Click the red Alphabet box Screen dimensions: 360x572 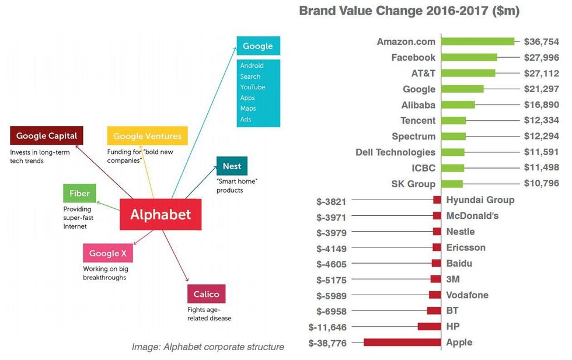pyautogui.click(x=161, y=214)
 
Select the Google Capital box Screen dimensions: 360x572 pyautogui.click(x=47, y=136)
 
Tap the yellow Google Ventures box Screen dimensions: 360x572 pyautogui.click(x=147, y=136)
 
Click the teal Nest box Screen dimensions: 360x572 pyautogui.click(x=232, y=166)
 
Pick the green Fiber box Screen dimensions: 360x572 pyautogui.click(x=79, y=193)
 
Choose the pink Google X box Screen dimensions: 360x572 pyautogui.click(x=108, y=253)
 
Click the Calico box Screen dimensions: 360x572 pyautogui.click(x=206, y=294)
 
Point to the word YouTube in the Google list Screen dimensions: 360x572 pyautogui.click(x=253, y=87)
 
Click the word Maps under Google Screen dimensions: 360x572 pyautogui.click(x=248, y=109)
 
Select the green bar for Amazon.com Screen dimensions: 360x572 pyautogui.click(x=478, y=41)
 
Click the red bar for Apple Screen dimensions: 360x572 pyautogui.click(x=402, y=342)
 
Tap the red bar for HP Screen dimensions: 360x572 pyautogui.click(x=429, y=327)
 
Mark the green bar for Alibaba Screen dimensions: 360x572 pyautogui.click(x=458, y=105)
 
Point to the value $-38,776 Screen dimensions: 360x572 pyautogui.click(x=332, y=343)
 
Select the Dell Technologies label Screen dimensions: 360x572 pyautogui.click(x=395, y=152)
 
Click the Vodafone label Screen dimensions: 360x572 pyautogui.click(x=467, y=295)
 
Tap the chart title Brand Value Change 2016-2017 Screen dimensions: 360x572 pyautogui.click(x=409, y=11)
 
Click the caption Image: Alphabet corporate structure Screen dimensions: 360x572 pyautogui.click(x=208, y=347)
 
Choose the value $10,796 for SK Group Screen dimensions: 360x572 pyautogui.click(x=542, y=184)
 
